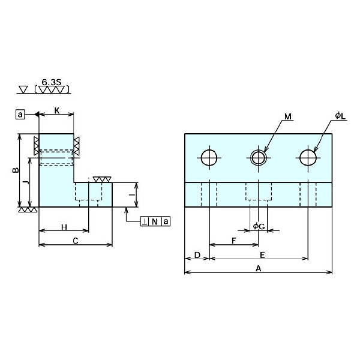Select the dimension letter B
point(15,171)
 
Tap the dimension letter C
point(75,241)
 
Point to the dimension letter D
point(197,255)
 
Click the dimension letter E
point(262,255)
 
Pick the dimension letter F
point(233,241)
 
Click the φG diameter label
point(259,226)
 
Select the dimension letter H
point(64,226)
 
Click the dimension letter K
point(56,110)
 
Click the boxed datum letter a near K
point(20,114)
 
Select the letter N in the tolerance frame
point(155,221)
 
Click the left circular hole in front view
point(209,158)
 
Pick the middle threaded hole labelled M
point(259,158)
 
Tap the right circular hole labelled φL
point(308,158)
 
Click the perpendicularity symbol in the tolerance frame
point(145,221)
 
